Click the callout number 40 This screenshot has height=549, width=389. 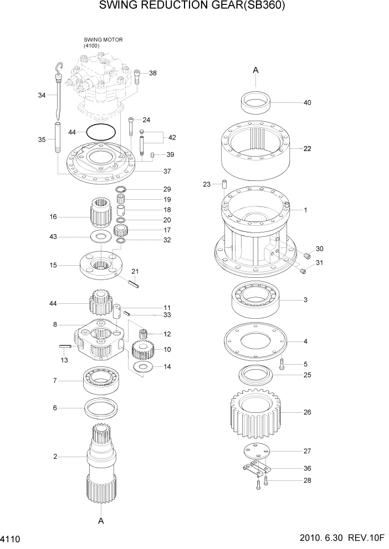[x=307, y=102]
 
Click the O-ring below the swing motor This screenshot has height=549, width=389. [x=101, y=133]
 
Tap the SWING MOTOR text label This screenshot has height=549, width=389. [x=103, y=40]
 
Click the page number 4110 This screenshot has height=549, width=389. [x=11, y=538]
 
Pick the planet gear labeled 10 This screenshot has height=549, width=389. [x=144, y=350]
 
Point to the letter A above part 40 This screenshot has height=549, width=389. [x=255, y=70]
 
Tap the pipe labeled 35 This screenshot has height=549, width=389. [x=57, y=139]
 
